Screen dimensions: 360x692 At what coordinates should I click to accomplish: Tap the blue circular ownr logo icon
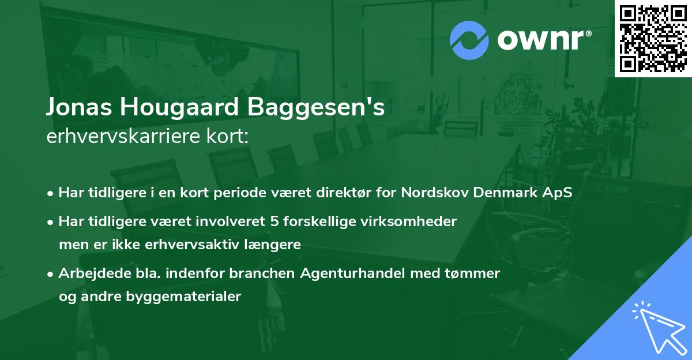click(x=469, y=40)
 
